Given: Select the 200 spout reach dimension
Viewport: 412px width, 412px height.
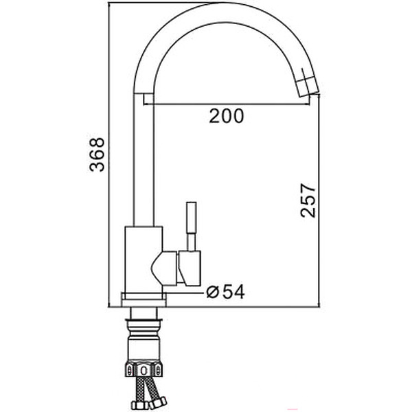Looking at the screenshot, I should coord(226,117).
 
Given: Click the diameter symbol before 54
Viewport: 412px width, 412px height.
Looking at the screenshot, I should coord(212,292).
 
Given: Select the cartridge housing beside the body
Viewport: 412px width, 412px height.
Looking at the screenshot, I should coord(180,266).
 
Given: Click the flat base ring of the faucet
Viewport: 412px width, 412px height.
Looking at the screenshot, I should coord(144,299).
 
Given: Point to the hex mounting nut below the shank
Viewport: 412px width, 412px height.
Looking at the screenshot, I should coord(144,370).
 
